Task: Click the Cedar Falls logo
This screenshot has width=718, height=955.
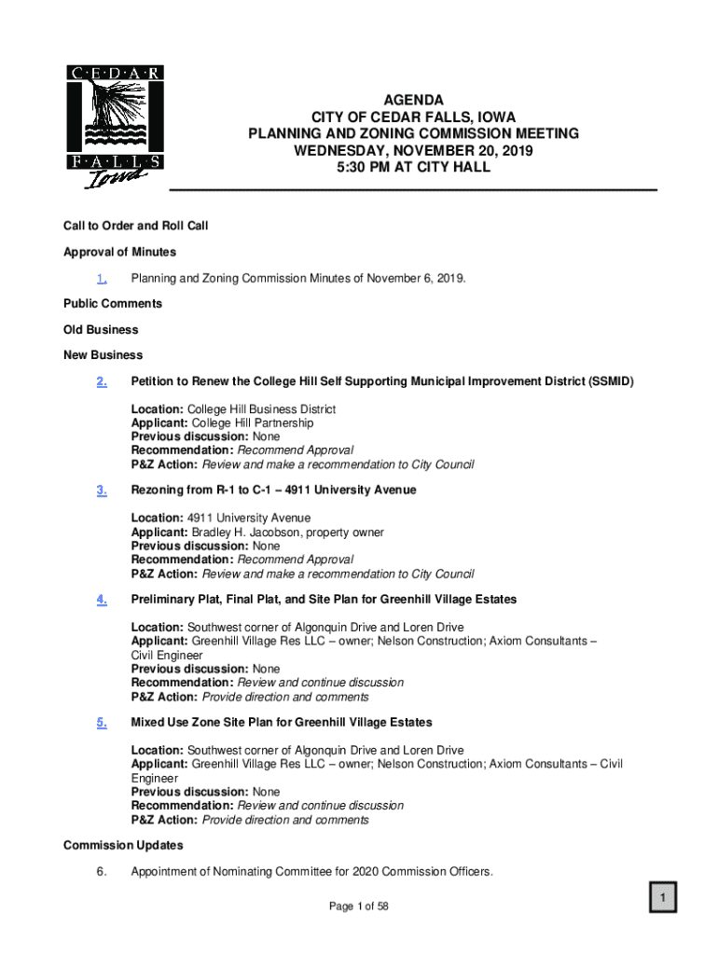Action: (115, 126)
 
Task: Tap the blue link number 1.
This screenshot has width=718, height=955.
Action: (102, 278)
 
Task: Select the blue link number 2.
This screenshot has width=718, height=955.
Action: (102, 381)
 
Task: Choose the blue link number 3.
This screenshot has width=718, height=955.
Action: (102, 490)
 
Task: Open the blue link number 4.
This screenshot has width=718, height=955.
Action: (102, 599)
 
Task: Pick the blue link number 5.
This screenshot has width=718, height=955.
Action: (102, 723)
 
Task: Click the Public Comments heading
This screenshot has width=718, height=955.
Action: (112, 304)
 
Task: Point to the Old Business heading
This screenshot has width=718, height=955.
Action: (101, 329)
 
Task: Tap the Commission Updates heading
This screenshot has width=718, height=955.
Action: (123, 845)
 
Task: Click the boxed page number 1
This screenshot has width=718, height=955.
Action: (662, 898)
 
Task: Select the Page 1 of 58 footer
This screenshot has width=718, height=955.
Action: (358, 906)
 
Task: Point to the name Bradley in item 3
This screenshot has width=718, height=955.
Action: (214, 533)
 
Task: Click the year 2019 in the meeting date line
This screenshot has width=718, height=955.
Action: (516, 151)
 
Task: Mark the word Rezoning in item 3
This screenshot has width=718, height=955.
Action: (158, 490)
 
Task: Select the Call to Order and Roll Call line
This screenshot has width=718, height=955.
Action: (135, 226)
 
